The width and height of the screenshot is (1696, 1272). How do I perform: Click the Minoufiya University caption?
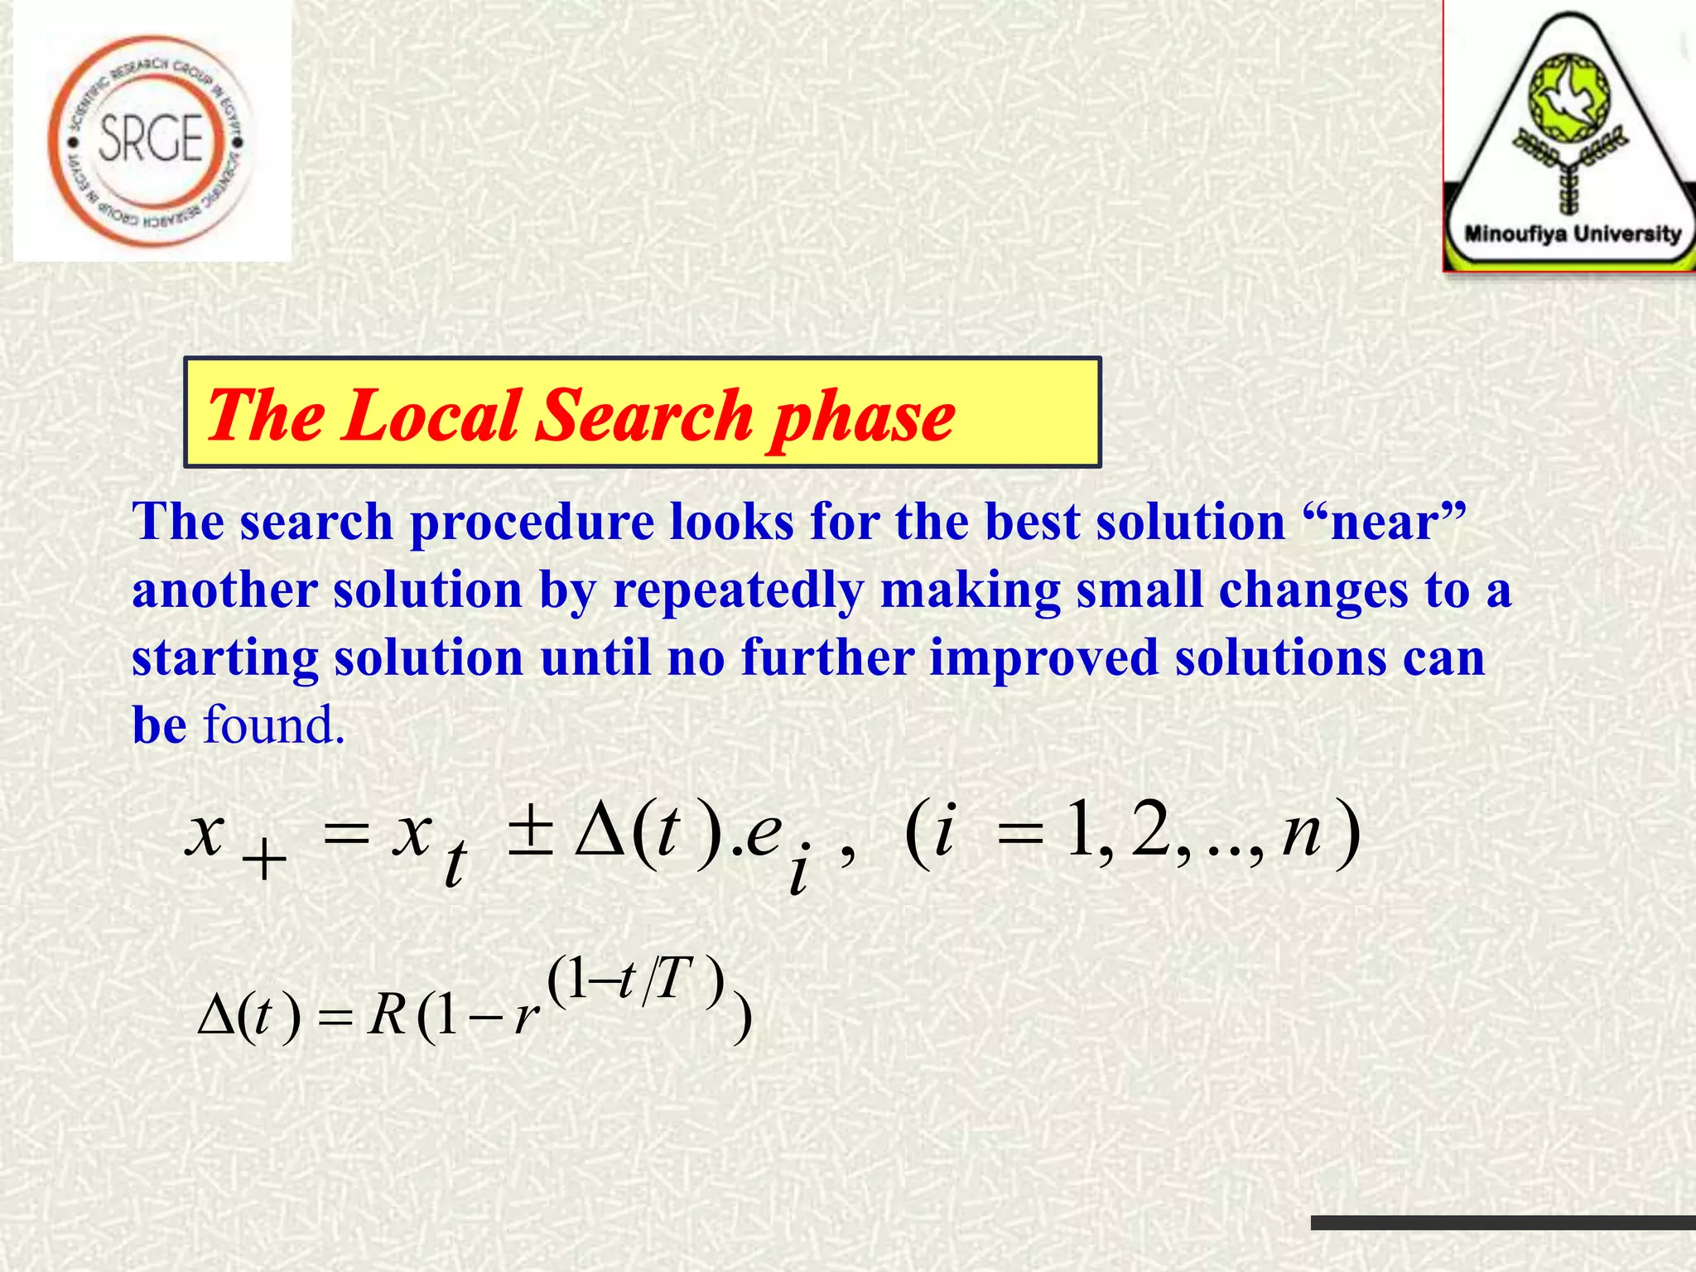coord(1572,234)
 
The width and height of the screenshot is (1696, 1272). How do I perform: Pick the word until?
coord(595,658)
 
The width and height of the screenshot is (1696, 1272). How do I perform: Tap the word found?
coord(273,726)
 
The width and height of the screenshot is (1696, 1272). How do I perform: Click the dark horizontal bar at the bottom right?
coord(1502,1223)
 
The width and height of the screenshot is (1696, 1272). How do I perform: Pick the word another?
coord(224,591)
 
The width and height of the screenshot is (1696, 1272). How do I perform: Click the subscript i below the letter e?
coord(797,874)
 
